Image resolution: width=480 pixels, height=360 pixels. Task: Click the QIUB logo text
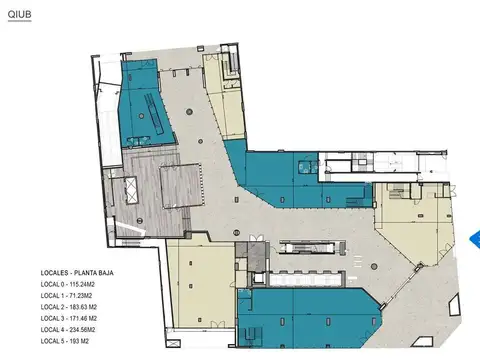pos(20,14)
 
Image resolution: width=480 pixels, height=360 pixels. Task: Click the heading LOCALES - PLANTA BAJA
pos(77,273)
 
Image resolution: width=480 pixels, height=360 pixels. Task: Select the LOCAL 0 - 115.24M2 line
pos(68,284)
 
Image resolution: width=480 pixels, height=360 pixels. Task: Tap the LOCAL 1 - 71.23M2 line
pos(66,296)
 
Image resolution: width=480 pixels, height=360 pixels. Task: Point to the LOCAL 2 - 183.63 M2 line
pos(69,307)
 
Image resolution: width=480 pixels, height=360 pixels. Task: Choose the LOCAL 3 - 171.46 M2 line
pos(69,318)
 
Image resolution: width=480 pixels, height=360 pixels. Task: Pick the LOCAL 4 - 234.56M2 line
pos(68,330)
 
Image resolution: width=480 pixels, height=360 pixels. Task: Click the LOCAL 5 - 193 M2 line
pos(65,341)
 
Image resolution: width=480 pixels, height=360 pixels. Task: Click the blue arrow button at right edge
pos(475,239)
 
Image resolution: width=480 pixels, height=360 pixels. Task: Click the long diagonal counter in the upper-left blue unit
pos(154,113)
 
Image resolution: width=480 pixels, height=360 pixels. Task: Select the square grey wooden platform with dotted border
pos(181,185)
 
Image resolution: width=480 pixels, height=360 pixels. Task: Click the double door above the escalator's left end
pos(256,238)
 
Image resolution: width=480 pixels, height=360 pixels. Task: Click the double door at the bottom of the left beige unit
pos(217,324)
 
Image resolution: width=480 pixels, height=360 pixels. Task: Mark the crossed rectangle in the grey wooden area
pos(131,189)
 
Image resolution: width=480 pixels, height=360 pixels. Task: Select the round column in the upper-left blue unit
pos(142,116)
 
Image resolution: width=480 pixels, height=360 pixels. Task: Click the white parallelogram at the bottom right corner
pos(422,342)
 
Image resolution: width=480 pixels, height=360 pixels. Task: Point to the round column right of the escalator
pos(374,267)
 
